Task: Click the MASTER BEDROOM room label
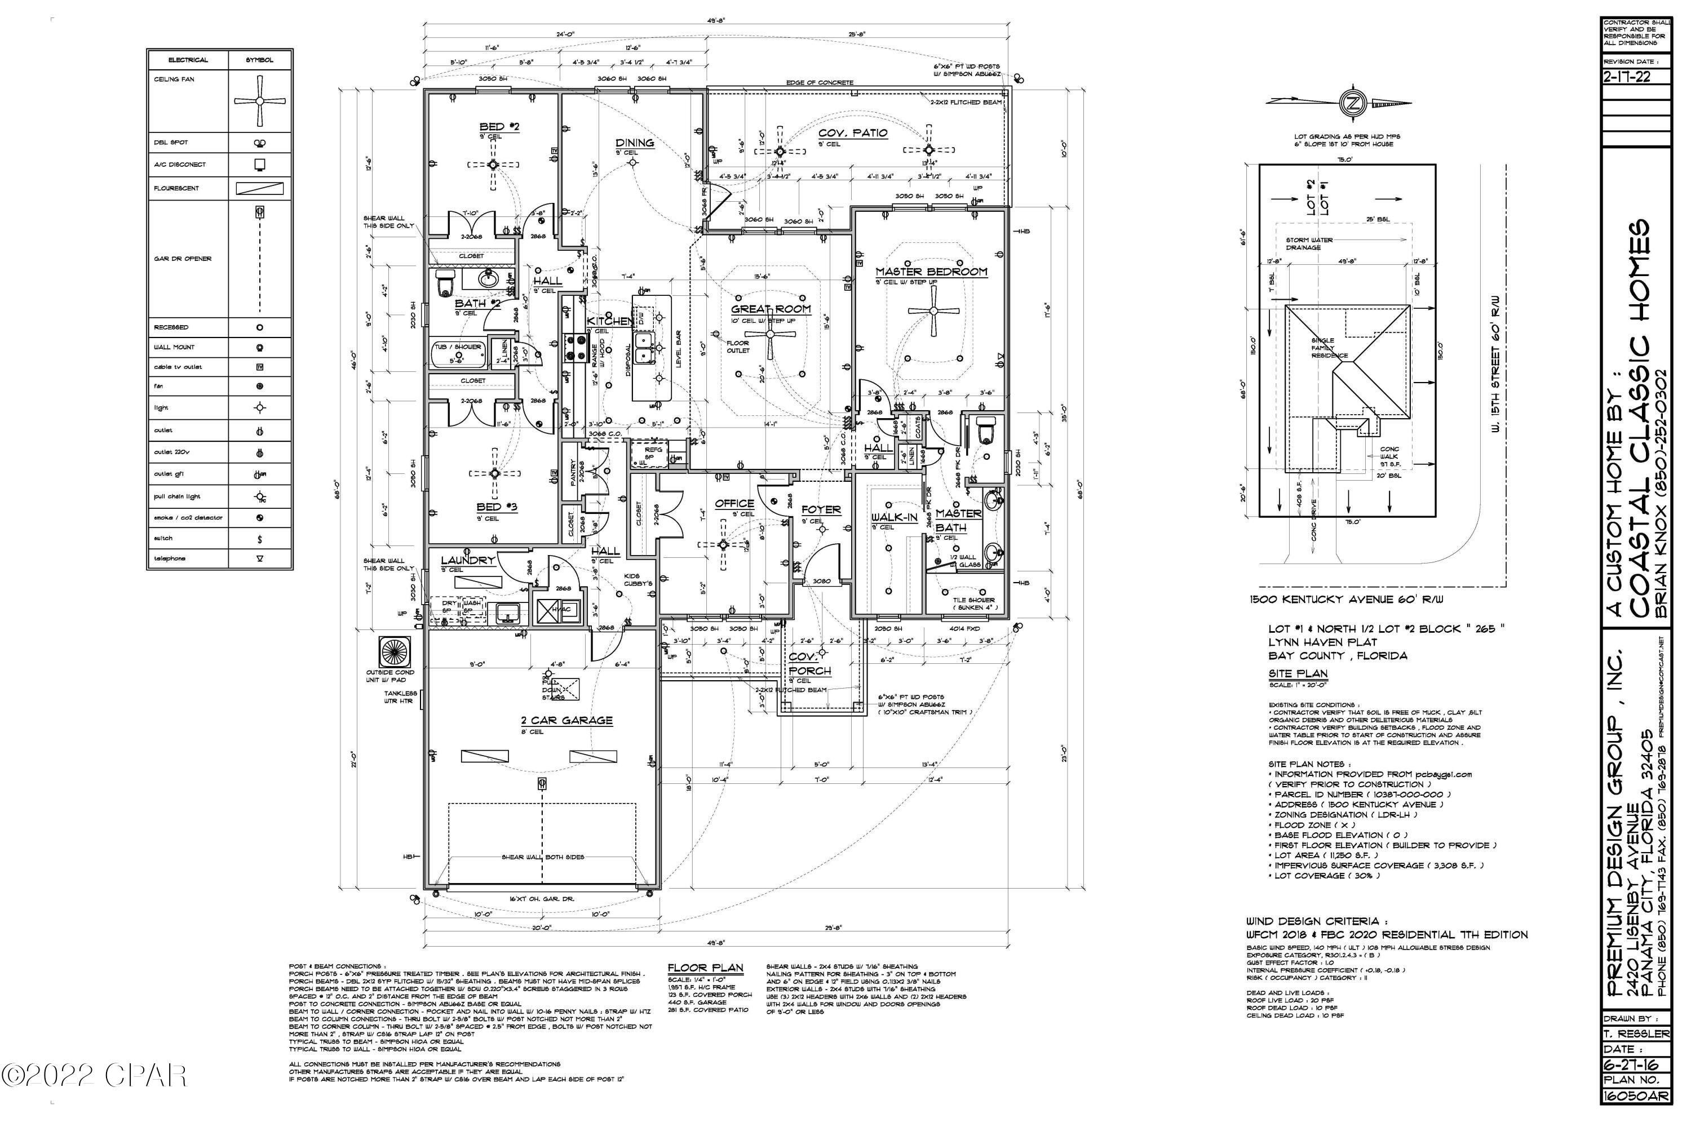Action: pos(931,272)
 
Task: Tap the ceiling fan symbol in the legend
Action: pos(259,101)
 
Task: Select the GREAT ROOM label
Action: pos(771,309)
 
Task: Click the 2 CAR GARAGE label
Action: pos(566,720)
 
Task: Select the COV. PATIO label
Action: pos(853,133)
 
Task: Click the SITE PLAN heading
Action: pos(1298,673)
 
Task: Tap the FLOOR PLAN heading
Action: pos(705,968)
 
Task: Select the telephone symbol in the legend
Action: pos(259,558)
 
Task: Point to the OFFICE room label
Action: pos(734,503)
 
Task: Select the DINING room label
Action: pos(634,143)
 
